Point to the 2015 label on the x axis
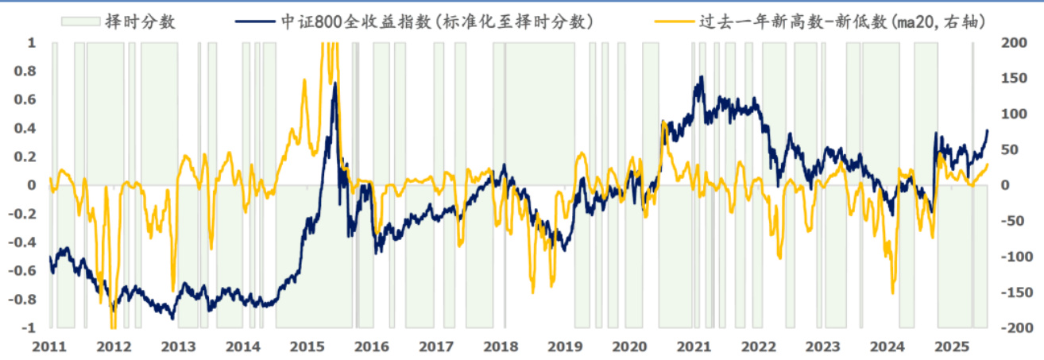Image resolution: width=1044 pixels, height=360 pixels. tap(307, 347)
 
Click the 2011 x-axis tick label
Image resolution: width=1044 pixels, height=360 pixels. tap(49, 347)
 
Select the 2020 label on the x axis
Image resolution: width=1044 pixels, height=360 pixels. tap(630, 347)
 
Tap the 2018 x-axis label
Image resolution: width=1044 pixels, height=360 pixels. tap(501, 347)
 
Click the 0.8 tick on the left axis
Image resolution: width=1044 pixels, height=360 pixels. tap(26, 71)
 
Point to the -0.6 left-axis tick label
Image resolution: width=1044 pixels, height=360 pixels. tap(24, 271)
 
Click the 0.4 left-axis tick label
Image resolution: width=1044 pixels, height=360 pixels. tap(26, 128)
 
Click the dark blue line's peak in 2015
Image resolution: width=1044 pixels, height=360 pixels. tap(335, 83)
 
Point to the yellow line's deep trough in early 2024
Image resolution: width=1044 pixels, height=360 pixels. tap(893, 292)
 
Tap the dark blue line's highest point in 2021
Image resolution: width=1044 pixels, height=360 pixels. tap(701, 77)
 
